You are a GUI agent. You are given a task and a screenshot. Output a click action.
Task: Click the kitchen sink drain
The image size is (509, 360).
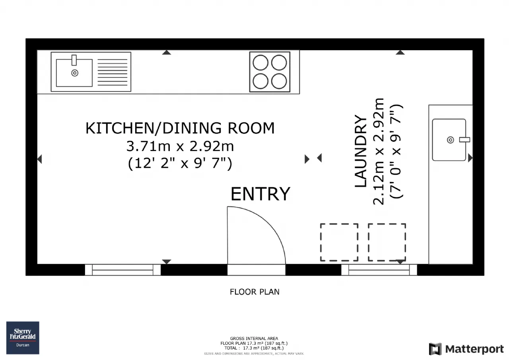pos(75,73)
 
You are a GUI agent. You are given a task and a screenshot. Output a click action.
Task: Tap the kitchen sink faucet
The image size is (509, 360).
pos(74,60)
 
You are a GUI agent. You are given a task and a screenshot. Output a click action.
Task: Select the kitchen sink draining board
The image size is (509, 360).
pos(113,72)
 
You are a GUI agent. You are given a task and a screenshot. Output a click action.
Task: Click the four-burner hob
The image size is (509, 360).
pos(270,72)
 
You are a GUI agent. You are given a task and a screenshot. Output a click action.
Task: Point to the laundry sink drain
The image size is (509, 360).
pos(451,140)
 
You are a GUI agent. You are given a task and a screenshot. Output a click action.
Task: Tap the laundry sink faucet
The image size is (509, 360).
pos(464,140)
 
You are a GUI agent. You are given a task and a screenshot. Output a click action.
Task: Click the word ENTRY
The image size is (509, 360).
pos(260,194)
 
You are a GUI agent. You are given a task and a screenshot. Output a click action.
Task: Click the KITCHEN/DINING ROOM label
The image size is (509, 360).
pos(180,128)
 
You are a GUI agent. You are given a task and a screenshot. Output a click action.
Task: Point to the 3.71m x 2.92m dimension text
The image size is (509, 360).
pos(180,146)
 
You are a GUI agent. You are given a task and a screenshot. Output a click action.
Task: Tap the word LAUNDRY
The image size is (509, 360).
pos(361,151)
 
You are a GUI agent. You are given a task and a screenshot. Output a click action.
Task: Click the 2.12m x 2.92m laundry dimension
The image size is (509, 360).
pos(378,152)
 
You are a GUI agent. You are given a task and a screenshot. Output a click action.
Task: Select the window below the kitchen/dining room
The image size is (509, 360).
pos(123,270)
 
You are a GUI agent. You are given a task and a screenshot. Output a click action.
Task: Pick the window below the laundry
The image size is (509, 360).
pos(379,270)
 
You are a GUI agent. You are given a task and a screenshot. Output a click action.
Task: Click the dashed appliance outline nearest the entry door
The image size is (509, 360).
pos(339,242)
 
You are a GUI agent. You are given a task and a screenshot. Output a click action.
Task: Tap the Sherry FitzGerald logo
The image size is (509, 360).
pos(23,338)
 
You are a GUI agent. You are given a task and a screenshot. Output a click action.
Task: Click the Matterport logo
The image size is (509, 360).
pos(466,349)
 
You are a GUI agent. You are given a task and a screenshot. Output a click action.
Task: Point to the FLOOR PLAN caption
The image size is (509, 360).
pos(254,292)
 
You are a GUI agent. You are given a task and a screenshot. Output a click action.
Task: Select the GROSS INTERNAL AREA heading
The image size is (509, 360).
pos(254,339)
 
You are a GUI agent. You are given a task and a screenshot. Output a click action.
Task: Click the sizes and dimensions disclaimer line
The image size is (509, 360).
pos(254,354)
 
